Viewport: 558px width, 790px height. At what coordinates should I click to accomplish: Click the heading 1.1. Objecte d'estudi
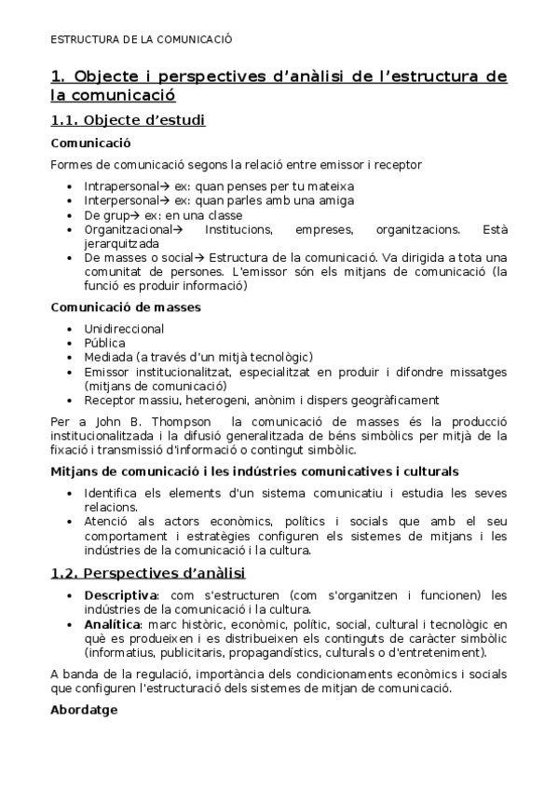tap(128, 119)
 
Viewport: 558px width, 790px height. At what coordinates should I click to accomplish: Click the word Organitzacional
tap(129, 228)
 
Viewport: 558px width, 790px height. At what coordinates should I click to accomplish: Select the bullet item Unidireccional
tap(124, 328)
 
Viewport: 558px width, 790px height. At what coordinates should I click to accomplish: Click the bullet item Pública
tap(104, 342)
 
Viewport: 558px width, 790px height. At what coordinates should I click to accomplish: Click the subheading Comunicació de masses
tap(126, 306)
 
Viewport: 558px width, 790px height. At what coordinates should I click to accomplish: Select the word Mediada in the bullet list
tap(107, 357)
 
